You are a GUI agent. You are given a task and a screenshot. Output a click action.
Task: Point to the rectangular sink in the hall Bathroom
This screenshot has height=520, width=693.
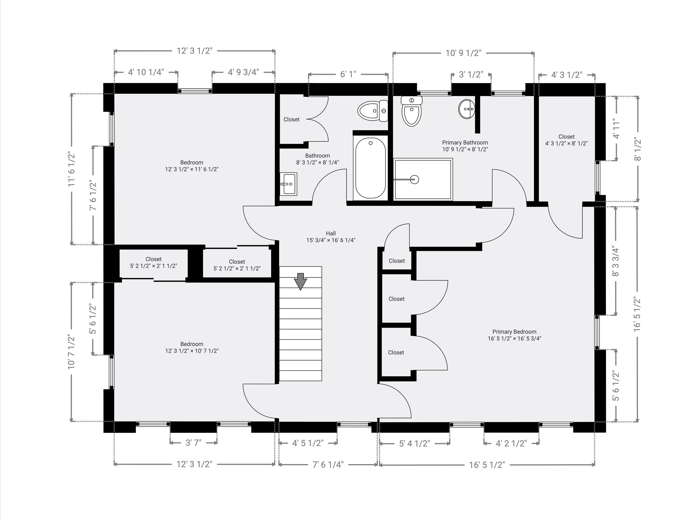288,184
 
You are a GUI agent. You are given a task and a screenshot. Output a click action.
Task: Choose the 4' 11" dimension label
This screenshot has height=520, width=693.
616,129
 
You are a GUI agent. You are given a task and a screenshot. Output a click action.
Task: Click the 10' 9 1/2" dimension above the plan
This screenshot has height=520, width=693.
463,53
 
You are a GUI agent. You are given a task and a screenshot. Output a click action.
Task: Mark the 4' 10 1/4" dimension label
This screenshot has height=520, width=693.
146,72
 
